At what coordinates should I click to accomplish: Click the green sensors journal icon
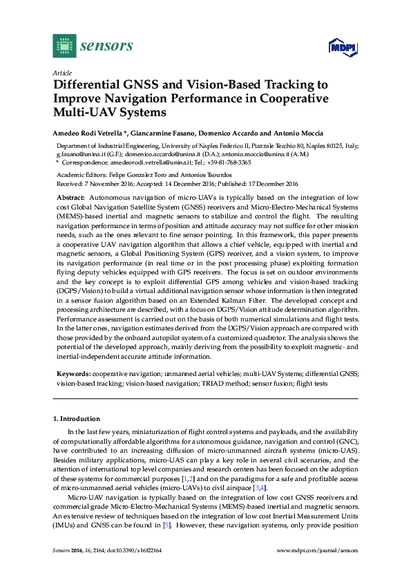(x=64, y=46)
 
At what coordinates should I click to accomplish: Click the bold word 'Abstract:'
(x=71, y=198)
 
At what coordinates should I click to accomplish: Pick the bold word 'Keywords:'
(x=74, y=373)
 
